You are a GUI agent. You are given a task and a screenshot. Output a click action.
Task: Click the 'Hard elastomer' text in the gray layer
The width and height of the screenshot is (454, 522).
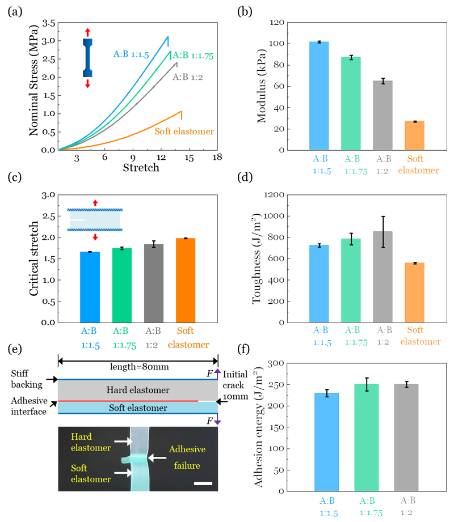[138, 390]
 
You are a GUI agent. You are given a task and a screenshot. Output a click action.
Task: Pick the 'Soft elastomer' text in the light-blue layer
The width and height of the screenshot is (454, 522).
[138, 408]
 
